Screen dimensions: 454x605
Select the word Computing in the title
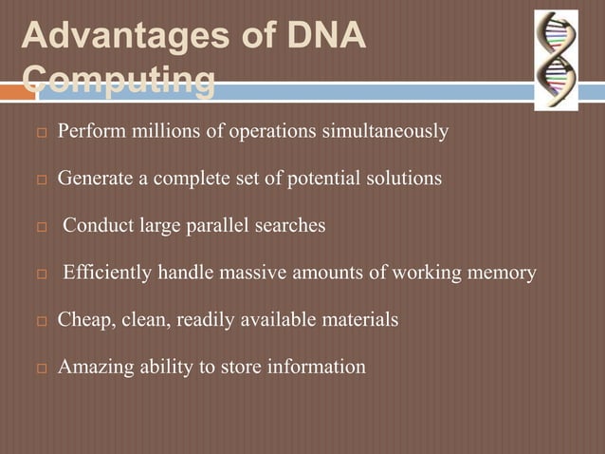point(117,83)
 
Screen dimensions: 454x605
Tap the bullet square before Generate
point(41,180)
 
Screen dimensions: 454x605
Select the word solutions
point(399,179)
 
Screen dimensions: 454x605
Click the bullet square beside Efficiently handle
point(41,274)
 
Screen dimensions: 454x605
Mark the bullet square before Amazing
point(41,368)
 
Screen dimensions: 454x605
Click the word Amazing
point(93,367)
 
